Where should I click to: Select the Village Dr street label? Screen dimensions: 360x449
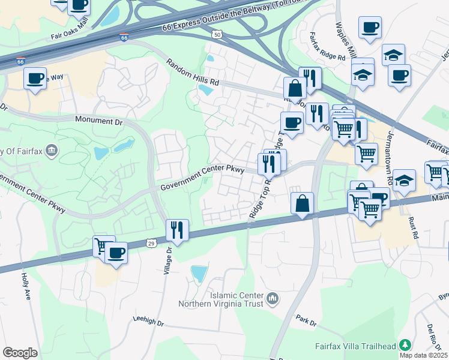[168, 262]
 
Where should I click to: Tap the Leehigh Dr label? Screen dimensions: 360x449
[148, 322]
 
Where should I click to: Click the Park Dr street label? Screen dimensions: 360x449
[306, 320]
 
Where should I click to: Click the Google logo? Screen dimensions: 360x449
[20, 353]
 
